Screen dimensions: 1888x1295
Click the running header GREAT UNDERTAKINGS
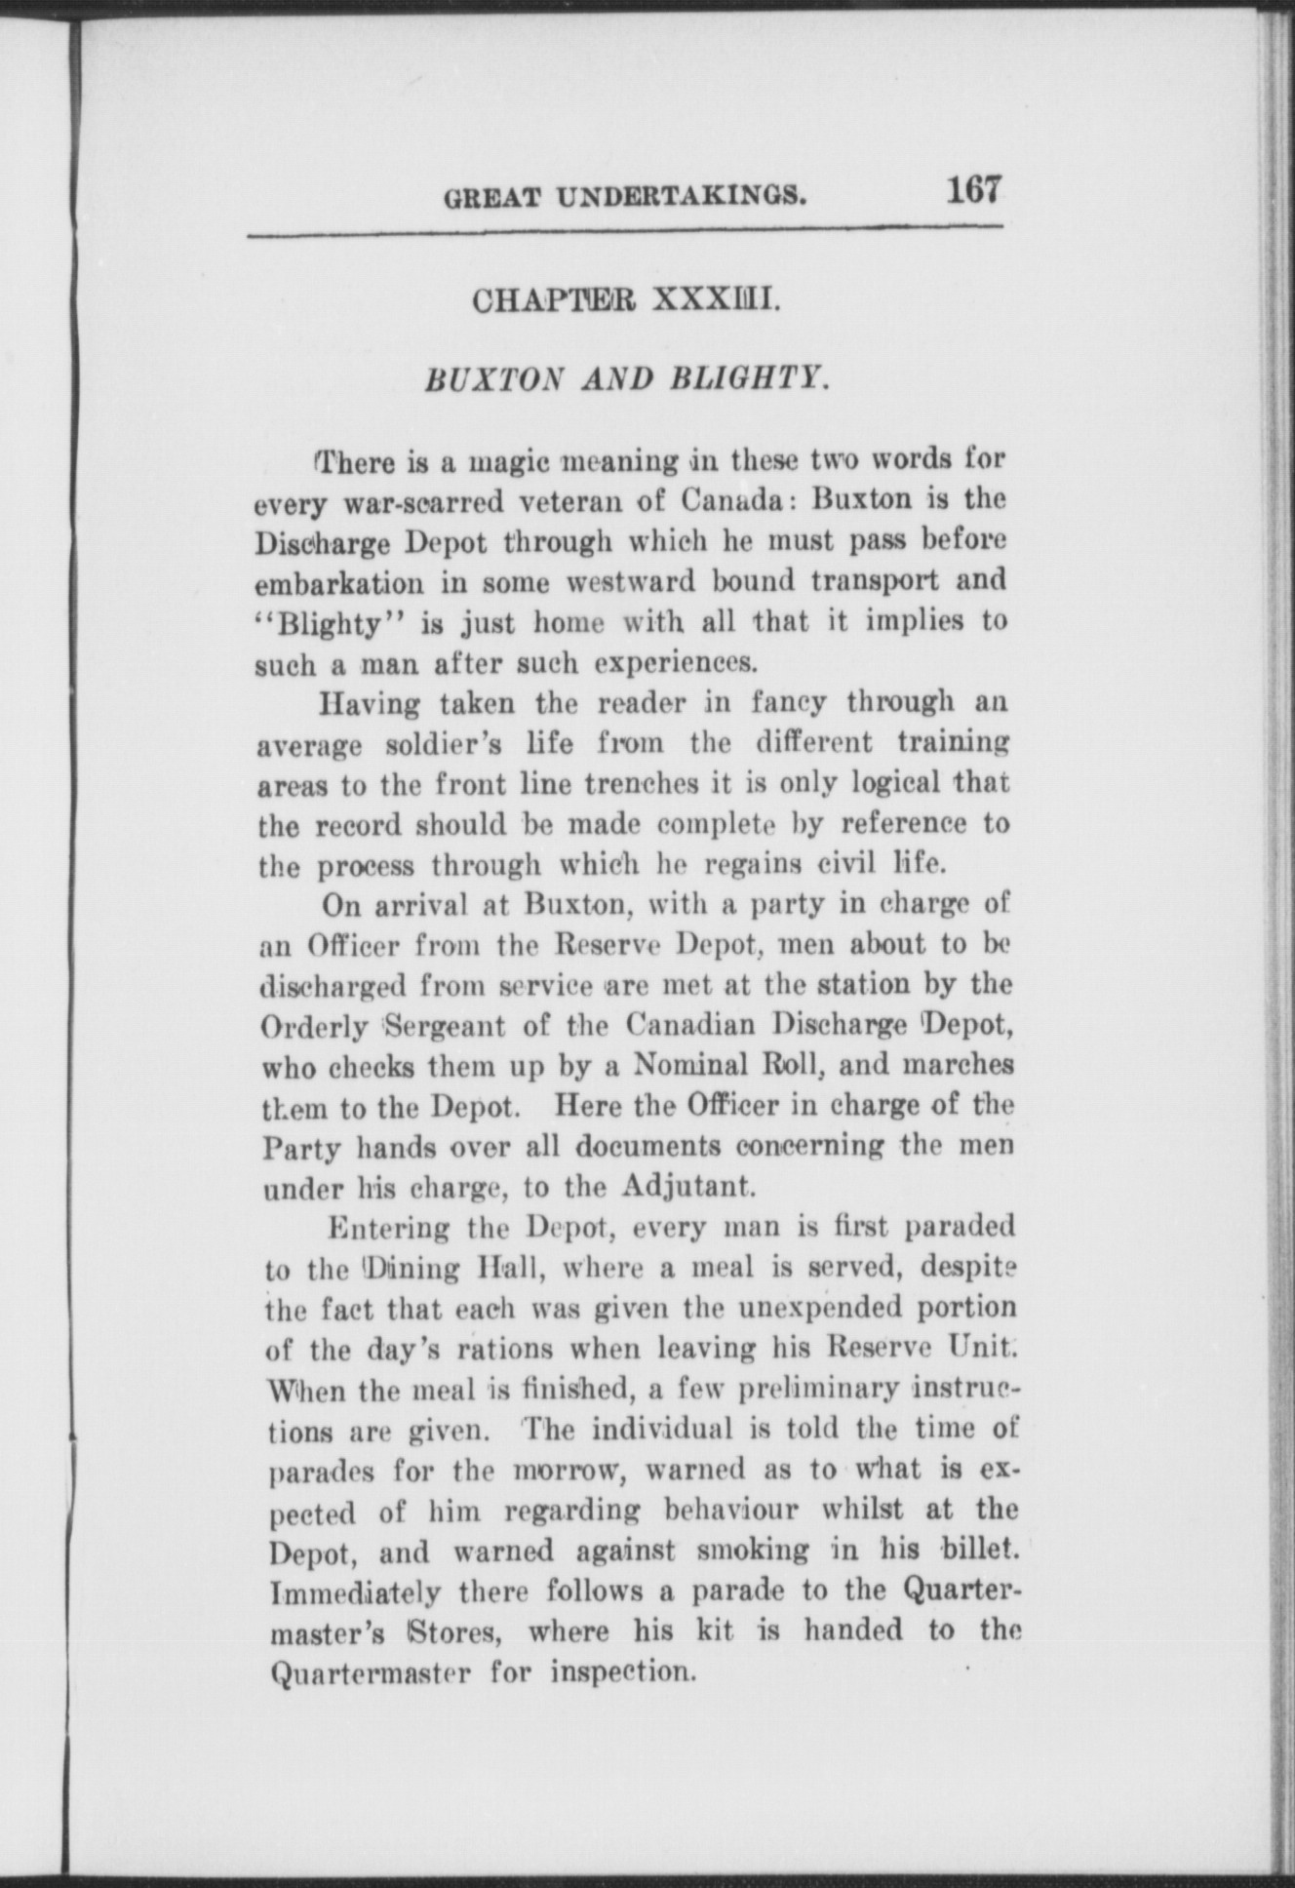[x=625, y=198]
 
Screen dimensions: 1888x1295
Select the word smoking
[x=747, y=1550]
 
